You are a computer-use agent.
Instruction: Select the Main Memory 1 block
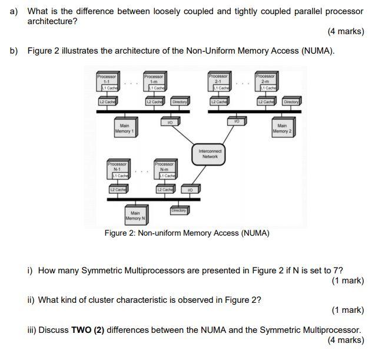(124, 128)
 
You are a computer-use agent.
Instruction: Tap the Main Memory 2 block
(281, 128)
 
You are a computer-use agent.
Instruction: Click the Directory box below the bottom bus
(179, 210)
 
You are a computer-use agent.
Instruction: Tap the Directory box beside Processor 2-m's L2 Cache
(291, 102)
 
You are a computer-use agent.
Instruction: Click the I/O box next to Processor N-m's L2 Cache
(190, 189)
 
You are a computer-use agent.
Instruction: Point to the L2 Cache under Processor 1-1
(107, 102)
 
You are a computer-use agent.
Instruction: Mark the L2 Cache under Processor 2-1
(218, 102)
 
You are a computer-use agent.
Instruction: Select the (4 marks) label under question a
(346, 31)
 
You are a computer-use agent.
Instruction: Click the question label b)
(14, 51)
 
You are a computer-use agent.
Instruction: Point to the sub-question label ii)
(31, 300)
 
